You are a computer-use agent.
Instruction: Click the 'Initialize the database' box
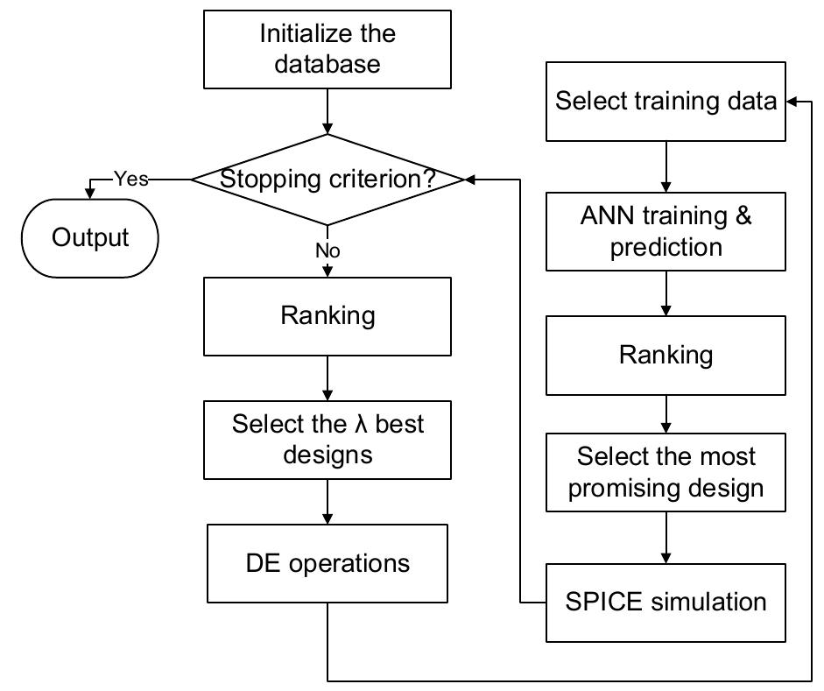click(x=327, y=49)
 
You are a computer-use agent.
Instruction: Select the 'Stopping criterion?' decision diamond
click(x=327, y=180)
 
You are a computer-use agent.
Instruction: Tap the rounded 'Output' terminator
click(x=90, y=238)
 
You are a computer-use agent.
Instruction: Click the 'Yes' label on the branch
click(x=130, y=180)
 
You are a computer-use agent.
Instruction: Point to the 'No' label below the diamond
click(x=327, y=251)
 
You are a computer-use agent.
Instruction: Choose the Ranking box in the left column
click(x=327, y=316)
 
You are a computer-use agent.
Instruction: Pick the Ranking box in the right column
click(x=666, y=356)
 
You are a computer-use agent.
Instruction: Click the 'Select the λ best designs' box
click(x=327, y=440)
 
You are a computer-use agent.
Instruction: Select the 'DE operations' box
click(x=327, y=562)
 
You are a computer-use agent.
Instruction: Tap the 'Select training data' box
click(x=666, y=102)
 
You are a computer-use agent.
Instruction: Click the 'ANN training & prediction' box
click(x=666, y=231)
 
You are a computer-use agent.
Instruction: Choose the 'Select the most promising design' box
click(x=666, y=472)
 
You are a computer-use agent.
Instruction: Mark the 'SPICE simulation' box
click(x=666, y=602)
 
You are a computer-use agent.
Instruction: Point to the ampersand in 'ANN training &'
click(x=743, y=216)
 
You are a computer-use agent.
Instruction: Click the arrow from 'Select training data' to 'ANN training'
click(x=666, y=166)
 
